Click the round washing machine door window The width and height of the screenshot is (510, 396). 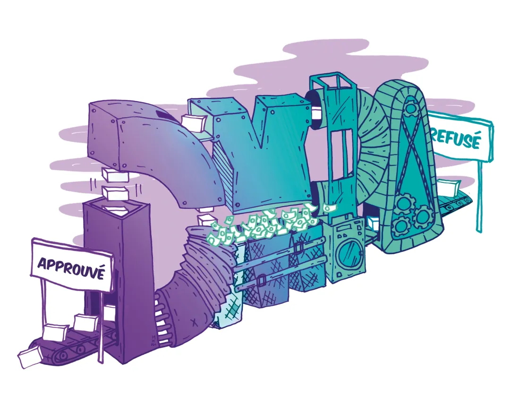coord(347,253)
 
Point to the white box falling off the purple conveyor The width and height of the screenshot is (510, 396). coord(29,356)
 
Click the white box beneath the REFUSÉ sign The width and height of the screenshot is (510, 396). coord(448,186)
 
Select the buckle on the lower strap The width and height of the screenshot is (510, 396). coord(260,279)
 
